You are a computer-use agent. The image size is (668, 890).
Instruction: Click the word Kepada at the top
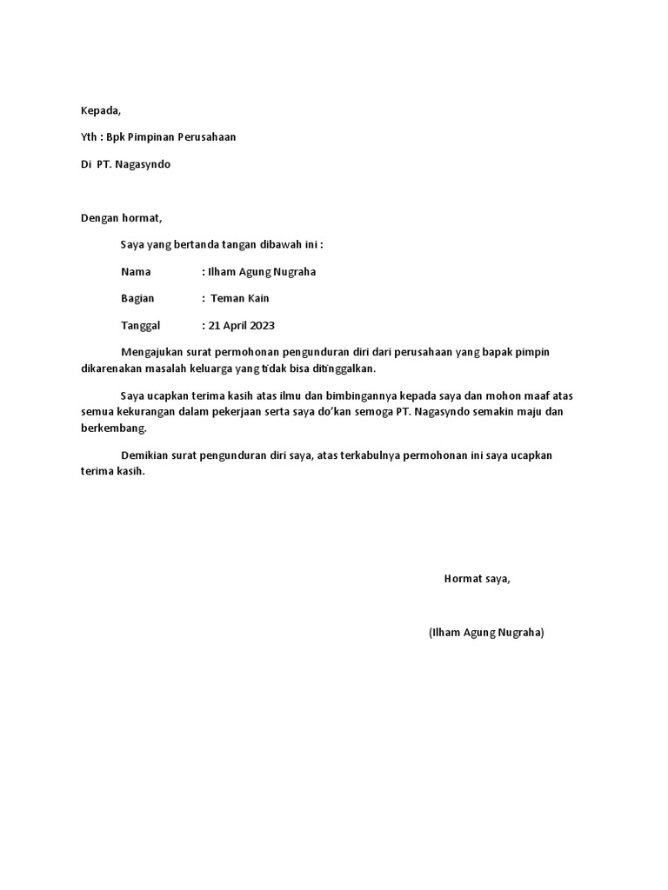point(101,110)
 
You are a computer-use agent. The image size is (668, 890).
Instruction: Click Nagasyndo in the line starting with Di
point(143,164)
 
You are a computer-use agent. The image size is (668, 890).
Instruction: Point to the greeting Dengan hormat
point(122,218)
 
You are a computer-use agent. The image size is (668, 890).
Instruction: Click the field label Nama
point(136,272)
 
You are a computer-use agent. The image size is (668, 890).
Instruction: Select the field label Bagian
point(137,298)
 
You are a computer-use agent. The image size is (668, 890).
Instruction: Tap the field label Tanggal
point(141,326)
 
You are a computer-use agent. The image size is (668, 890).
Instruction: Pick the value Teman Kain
point(240,298)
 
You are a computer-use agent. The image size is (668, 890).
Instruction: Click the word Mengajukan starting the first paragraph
point(152,352)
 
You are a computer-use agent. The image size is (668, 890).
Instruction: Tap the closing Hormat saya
point(477,579)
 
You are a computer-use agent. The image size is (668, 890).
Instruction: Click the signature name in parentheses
point(486,633)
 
